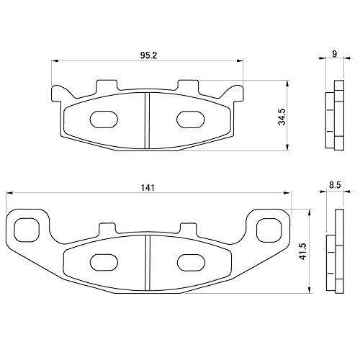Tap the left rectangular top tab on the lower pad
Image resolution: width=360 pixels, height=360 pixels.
pos(106,230)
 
